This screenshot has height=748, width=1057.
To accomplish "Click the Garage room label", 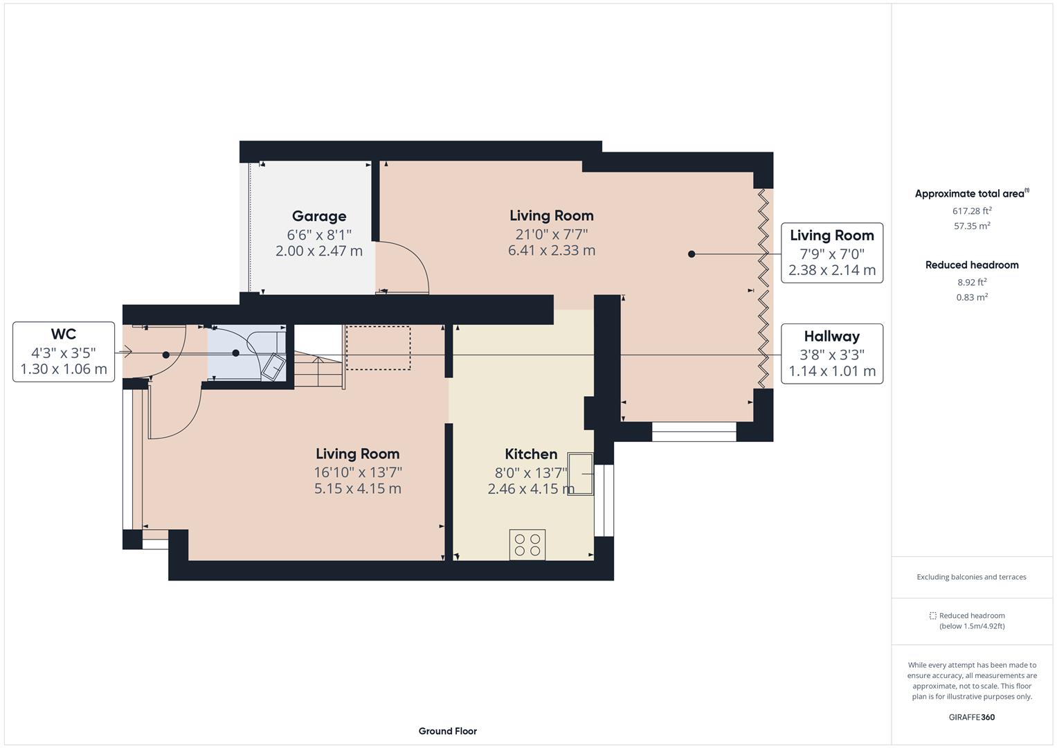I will point(318,216).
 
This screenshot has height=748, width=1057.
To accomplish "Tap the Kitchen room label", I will point(530,454).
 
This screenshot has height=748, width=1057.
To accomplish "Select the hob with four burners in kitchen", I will point(527,544).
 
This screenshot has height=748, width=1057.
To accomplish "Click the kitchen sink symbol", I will point(580,474).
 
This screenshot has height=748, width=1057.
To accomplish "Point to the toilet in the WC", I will point(272,365).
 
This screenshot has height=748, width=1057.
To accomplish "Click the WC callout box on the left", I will point(64,352).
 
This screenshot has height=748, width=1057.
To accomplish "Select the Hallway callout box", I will point(831,354).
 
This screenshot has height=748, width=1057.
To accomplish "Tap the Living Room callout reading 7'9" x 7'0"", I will point(831,253).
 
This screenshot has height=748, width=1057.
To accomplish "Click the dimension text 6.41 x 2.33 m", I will point(551,251).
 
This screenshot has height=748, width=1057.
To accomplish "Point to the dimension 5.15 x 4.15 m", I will point(357,489).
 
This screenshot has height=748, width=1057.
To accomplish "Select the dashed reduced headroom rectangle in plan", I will point(378,348).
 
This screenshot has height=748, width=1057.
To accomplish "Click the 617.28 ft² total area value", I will point(972,211).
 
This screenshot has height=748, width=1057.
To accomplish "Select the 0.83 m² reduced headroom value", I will point(972,297).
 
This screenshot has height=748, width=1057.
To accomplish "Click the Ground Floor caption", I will point(447,731).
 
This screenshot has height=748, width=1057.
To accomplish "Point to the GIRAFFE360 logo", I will point(971,717).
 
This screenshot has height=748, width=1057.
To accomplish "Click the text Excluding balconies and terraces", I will point(971,577).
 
